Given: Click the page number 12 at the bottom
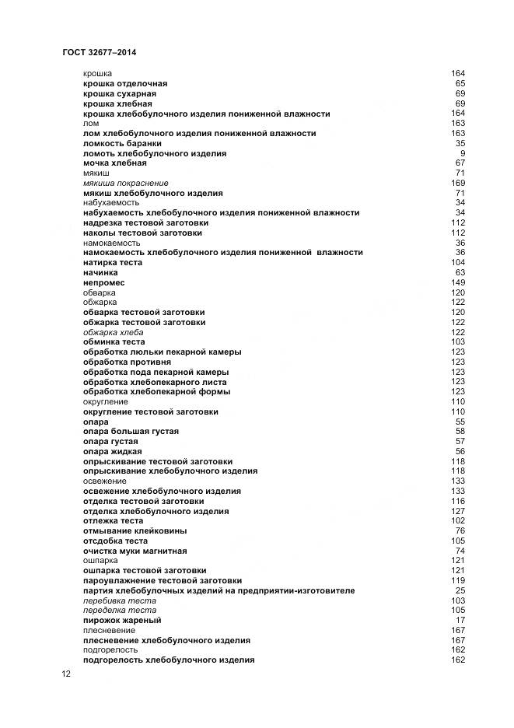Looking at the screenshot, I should coord(67,674).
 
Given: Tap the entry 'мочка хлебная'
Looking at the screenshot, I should coord(114,163).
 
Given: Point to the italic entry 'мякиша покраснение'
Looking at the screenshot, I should coord(125,183).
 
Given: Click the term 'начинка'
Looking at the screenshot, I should coord(100,273).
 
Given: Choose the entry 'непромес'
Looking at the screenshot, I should coord(103,282).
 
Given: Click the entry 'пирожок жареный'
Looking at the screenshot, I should coord(122,621).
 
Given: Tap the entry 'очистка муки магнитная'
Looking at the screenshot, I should coord(135,551).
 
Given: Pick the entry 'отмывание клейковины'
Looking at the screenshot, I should coord(129,531).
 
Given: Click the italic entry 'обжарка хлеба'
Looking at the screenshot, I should coord(113,332).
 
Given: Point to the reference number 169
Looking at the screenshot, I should coord(457,183).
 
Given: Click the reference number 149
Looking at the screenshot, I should coord(457,282).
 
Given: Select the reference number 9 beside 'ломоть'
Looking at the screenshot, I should coord(462,153).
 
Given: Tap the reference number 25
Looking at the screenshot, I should coord(460,590).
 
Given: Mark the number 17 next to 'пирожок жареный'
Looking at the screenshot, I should coord(460,621).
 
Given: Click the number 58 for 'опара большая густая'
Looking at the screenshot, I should coord(460,431).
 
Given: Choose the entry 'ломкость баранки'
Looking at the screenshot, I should coord(122,143).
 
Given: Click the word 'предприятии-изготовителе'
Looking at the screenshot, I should coord(302,590).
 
